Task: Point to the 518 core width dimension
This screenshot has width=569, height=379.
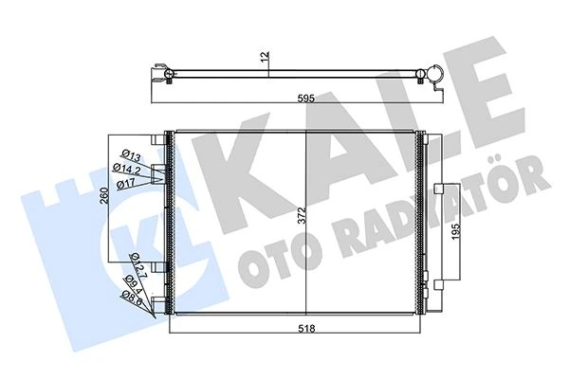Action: pos(303,331)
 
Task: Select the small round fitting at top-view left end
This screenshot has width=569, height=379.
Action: pos(167,72)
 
